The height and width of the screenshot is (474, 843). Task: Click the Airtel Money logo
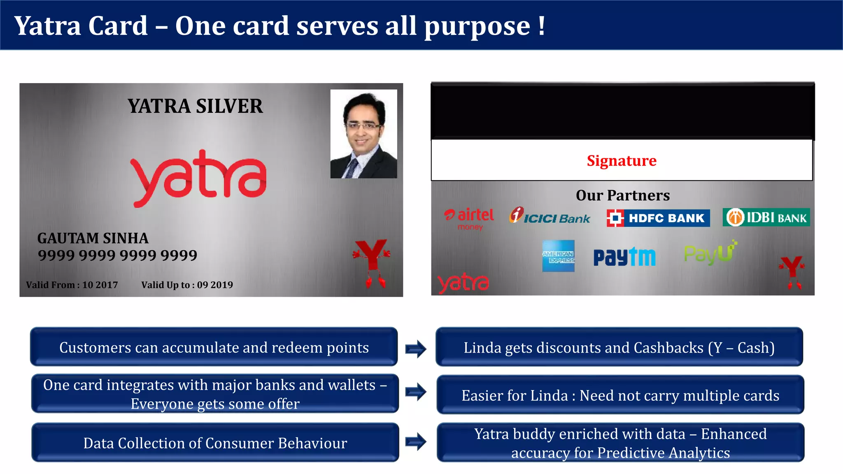pos(470,218)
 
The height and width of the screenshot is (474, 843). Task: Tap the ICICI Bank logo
pos(550,216)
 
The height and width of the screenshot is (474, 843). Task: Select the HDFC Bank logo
pos(658,218)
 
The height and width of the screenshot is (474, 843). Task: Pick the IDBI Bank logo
pos(766,217)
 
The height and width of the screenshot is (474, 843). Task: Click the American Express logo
pos(558,256)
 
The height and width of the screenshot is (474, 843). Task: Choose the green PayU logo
pos(710,253)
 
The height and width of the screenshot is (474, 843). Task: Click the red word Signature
pos(622,160)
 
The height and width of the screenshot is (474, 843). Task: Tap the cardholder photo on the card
pos(363,134)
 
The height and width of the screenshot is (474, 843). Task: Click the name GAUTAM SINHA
pos(93,238)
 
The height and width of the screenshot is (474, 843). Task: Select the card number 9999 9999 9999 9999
pos(118,255)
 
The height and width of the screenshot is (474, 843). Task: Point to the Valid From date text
pos(72,285)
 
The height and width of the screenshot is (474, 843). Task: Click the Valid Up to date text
pos(187,285)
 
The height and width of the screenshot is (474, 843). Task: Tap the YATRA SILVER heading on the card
pos(195,106)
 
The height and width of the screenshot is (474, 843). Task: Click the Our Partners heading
pos(622,195)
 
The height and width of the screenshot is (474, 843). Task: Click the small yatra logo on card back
pos(463,283)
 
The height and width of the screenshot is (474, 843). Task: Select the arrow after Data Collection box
pos(416,442)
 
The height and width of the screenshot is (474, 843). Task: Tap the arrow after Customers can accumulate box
pos(416,349)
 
